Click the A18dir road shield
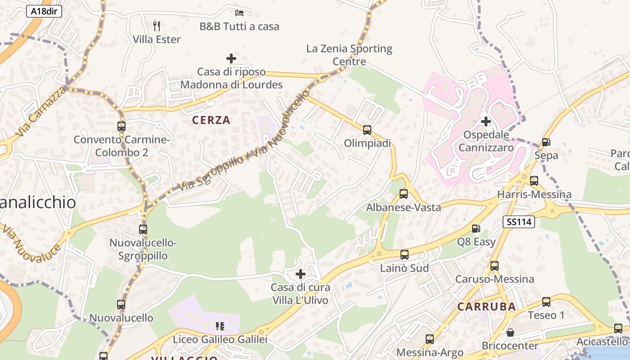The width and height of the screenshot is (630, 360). [x=44, y=11]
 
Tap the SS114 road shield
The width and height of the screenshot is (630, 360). [x=519, y=221]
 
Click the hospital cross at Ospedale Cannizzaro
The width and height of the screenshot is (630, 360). [x=486, y=121]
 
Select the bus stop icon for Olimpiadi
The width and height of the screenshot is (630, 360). [x=367, y=130]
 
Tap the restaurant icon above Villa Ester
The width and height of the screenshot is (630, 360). [x=157, y=26]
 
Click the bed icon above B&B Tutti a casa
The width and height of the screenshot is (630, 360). [x=239, y=13]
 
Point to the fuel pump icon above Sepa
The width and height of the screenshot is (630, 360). [x=546, y=142]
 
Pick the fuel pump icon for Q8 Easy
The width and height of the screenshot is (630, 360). [x=476, y=229]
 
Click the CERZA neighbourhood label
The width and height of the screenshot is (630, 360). [x=211, y=120]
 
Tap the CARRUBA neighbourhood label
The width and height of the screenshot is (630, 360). [x=487, y=306]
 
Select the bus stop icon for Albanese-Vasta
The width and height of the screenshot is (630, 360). [x=404, y=194]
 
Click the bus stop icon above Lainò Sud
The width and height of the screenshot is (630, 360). [x=405, y=255]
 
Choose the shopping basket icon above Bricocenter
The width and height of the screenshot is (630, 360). [x=510, y=333]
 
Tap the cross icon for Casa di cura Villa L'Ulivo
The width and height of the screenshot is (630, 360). [x=301, y=274]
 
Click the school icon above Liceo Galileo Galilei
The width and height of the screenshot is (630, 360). [x=220, y=326]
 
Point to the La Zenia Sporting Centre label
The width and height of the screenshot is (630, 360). [x=349, y=54]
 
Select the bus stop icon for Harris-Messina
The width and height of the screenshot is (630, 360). [x=534, y=181]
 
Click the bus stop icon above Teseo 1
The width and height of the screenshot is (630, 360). [x=546, y=301]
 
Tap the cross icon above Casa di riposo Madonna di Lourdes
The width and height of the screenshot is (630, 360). [x=231, y=58]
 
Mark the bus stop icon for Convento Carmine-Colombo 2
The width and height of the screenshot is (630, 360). [x=121, y=126]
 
